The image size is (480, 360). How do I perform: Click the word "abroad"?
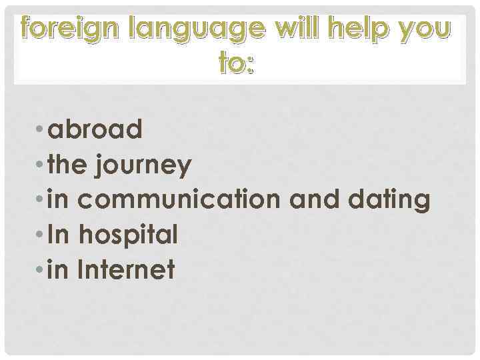[95, 129]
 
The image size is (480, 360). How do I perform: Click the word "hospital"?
[129, 235]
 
